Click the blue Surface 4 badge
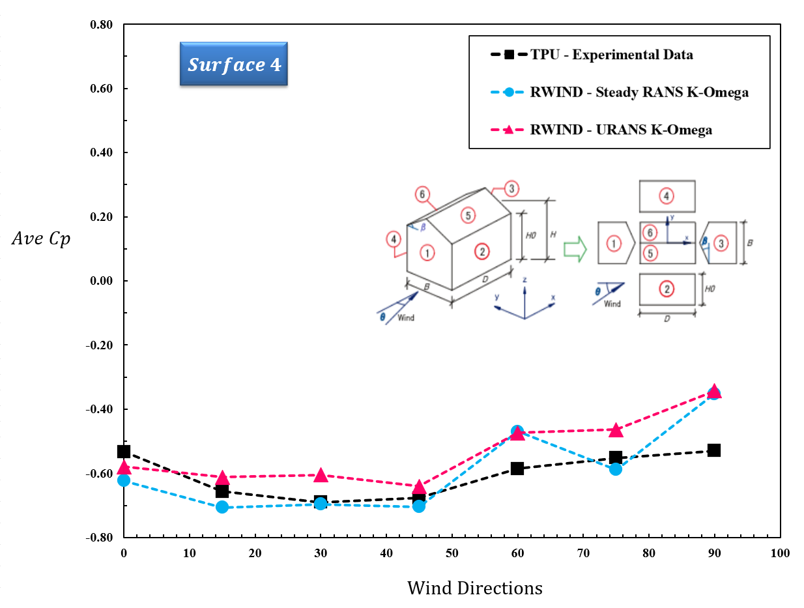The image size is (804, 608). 233,64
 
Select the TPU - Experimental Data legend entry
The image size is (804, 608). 611,55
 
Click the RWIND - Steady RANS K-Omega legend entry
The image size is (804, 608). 639,92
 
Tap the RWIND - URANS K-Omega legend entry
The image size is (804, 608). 620,130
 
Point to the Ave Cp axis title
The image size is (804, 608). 41,239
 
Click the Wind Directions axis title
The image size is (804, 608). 474,588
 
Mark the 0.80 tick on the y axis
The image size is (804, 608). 101,25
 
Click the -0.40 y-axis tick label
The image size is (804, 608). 100,409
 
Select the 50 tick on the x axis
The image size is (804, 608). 452,553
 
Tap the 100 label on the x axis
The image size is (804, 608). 779,553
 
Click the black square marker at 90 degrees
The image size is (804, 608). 714,450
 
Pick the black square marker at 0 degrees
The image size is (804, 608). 124,452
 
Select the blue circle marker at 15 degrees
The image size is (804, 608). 222,507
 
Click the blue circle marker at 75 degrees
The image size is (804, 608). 616,469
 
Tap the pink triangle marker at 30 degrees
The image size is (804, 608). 320,476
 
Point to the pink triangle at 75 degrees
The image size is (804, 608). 616,430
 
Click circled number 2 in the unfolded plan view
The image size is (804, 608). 666,289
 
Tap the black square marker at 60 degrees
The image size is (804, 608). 517,468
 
